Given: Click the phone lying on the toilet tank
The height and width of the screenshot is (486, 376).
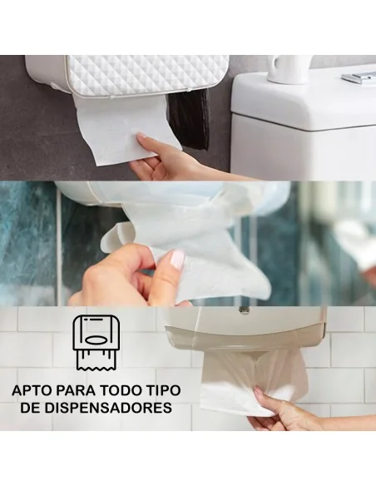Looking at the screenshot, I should pyautogui.click(x=359, y=77).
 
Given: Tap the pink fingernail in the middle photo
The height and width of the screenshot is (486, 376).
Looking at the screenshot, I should pyautogui.click(x=176, y=260).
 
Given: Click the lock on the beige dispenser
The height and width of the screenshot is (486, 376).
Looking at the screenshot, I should pyautogui.click(x=244, y=310).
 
